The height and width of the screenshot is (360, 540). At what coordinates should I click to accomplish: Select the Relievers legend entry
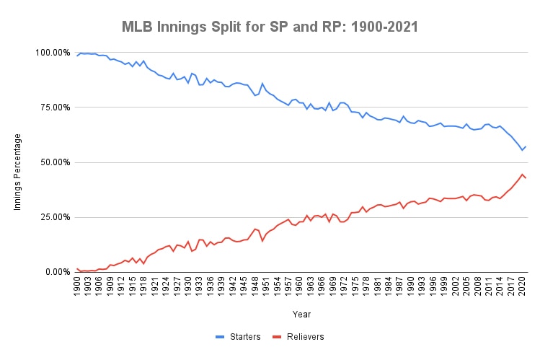pos(304,336)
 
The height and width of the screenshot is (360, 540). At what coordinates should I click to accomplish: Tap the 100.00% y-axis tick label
pos(51,53)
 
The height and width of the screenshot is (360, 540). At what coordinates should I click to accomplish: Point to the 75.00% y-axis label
pos(53,107)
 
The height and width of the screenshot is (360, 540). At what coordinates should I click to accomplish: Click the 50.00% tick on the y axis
pos(53,162)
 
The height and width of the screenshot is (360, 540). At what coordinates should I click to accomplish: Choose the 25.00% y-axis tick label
pos(53,217)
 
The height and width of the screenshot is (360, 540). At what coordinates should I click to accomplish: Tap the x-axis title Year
pos(302,314)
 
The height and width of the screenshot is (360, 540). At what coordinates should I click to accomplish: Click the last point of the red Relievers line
pos(526,177)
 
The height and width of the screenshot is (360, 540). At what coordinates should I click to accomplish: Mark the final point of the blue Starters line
pos(526,146)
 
